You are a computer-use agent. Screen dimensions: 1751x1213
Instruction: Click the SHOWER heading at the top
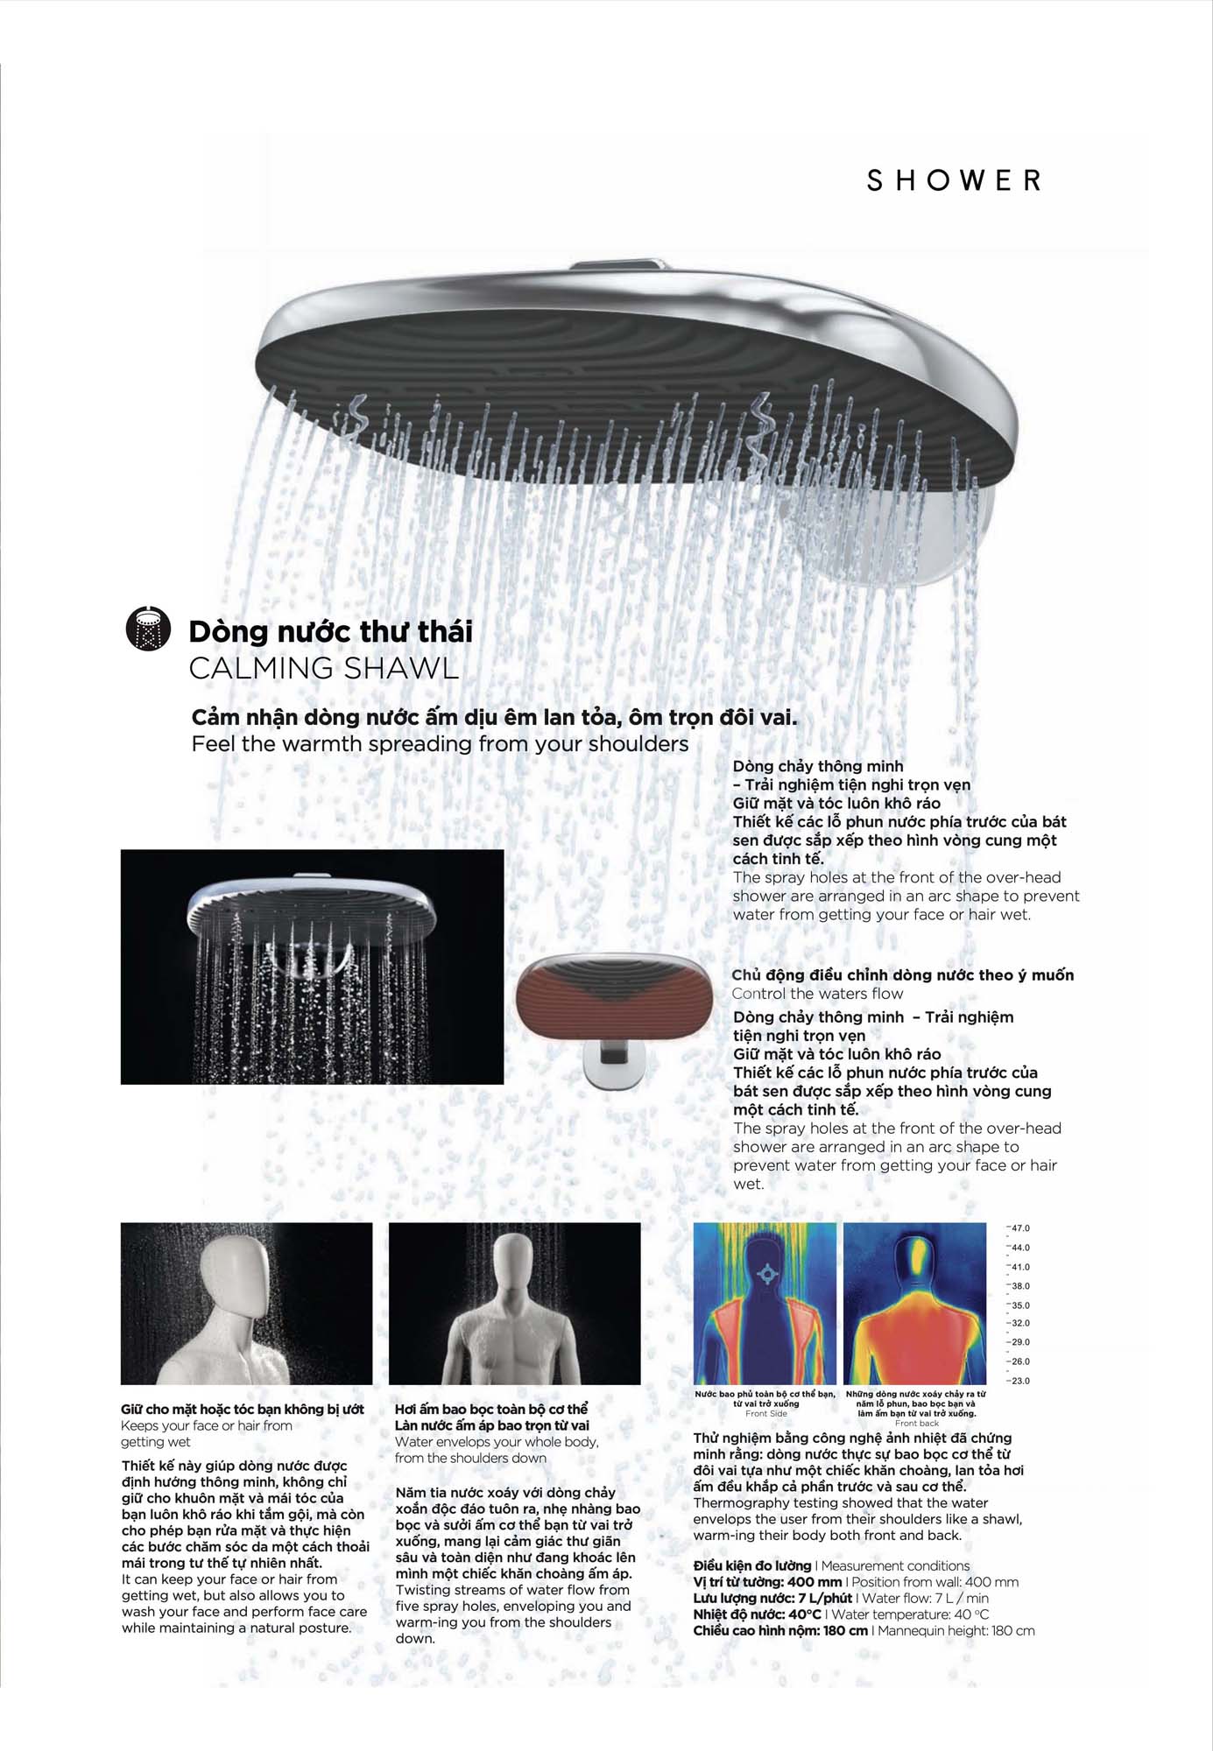pos(954,180)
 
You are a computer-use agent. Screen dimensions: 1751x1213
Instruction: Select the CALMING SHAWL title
pos(323,669)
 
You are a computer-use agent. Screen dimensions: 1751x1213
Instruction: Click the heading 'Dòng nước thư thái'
pos(330,631)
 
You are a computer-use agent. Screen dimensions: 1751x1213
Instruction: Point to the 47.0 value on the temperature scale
pos(1021,1228)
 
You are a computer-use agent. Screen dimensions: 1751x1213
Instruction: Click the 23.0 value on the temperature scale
pos(1021,1381)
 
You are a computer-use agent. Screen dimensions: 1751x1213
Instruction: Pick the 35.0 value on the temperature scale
pos(1021,1305)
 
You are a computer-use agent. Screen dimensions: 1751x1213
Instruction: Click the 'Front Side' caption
pos(766,1413)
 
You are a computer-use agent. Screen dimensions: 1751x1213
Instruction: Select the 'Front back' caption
pos(916,1423)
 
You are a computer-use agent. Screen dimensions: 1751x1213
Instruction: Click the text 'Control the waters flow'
pos(817,994)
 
